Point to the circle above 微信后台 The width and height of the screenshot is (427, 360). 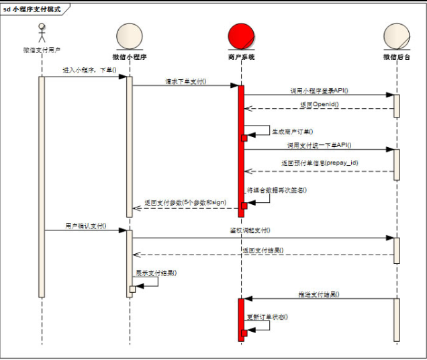(396, 36)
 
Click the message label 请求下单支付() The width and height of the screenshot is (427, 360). (186, 81)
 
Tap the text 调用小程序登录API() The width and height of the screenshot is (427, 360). (319, 90)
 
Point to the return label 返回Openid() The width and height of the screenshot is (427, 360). (319, 105)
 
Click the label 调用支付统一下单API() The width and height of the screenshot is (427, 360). (319, 145)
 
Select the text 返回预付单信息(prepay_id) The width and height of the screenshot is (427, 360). (319, 163)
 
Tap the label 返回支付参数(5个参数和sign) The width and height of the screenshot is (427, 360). (185, 203)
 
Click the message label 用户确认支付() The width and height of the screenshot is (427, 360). (85, 226)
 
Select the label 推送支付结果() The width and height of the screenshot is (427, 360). (318, 294)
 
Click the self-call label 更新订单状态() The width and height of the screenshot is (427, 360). (267, 316)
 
